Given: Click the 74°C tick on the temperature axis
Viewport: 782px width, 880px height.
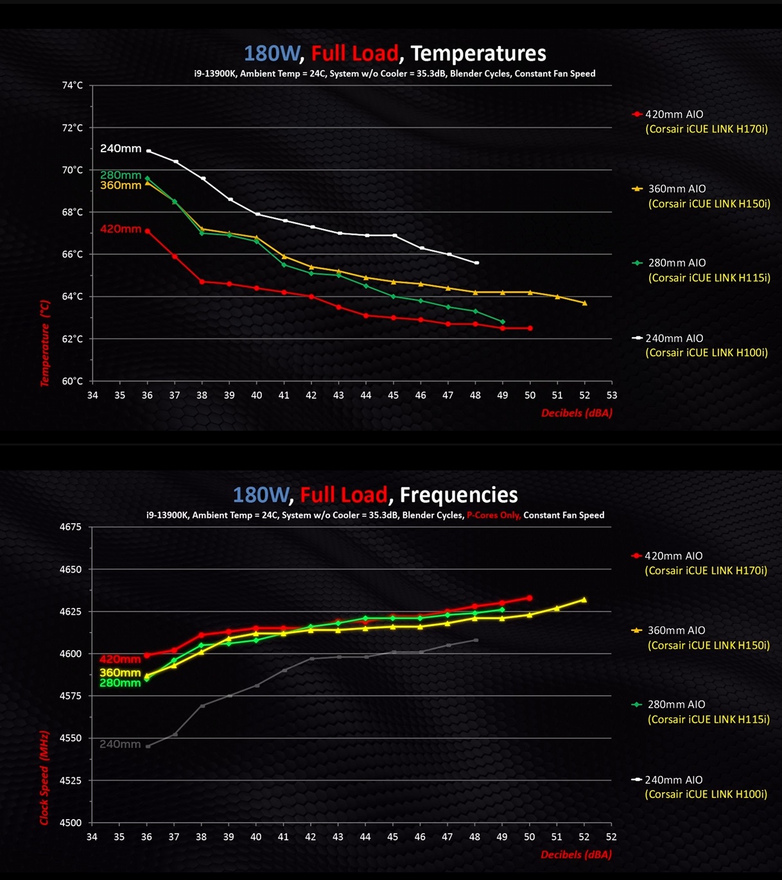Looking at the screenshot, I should point(72,85).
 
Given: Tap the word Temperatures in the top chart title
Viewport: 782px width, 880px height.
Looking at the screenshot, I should point(478,53).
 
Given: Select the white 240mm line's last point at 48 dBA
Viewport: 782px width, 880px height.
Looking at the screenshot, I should point(476,263).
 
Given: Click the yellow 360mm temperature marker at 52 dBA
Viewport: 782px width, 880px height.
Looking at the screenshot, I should point(584,303).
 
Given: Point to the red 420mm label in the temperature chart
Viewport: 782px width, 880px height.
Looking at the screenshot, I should point(121,229).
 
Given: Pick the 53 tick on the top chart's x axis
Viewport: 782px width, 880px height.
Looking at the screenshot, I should point(611,395).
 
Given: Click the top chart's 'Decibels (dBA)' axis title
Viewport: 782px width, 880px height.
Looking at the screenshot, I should point(576,413).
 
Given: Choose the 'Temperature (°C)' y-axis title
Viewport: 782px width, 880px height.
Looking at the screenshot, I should point(45,343).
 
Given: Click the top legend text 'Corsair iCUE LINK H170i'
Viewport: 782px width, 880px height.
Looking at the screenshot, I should point(706,129).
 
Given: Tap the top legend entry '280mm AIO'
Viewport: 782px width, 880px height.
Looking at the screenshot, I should point(677,263).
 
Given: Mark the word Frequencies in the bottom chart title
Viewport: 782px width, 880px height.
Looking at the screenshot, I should point(458,495).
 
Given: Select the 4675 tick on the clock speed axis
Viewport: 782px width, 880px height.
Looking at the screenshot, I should point(71,527).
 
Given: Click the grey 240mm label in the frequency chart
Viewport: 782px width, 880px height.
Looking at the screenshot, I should point(120,745).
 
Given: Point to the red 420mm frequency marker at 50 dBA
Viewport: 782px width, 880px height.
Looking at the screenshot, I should point(529,598).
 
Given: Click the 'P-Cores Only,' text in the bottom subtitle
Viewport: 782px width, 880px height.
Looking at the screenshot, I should point(493,515).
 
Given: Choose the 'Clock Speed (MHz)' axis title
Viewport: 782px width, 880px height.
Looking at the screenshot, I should point(44,777).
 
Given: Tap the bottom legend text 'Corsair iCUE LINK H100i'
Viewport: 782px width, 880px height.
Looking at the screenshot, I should point(706,795).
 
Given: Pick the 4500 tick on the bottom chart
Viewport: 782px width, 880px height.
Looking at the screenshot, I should point(71,823).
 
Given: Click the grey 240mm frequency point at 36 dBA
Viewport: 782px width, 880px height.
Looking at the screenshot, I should point(148,746).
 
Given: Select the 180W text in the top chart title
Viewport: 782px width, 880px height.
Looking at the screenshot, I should point(271,53).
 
